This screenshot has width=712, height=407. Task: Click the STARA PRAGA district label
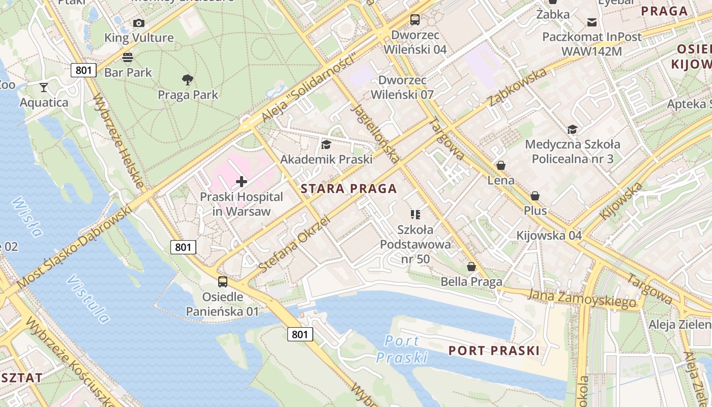pyautogui.click(x=348, y=189)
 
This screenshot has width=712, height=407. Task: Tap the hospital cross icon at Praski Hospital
pyautogui.click(x=242, y=181)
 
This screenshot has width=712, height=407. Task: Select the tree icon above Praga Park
pyautogui.click(x=188, y=79)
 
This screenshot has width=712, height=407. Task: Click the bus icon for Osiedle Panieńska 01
pyautogui.click(x=222, y=281)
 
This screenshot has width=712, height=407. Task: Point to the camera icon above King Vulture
pyautogui.click(x=139, y=23)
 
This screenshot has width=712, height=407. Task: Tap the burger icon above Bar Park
pyautogui.click(x=128, y=57)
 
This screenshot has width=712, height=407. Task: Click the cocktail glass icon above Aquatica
pyautogui.click(x=44, y=88)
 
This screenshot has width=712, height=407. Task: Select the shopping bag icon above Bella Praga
pyautogui.click(x=471, y=267)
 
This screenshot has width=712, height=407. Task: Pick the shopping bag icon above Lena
pyautogui.click(x=501, y=165)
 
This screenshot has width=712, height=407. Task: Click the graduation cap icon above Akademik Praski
pyautogui.click(x=326, y=144)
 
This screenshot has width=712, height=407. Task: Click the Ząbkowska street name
pyautogui.click(x=517, y=87)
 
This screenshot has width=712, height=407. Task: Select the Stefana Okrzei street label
pyautogui.click(x=294, y=244)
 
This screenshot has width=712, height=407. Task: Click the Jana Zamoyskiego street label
pyautogui.click(x=582, y=298)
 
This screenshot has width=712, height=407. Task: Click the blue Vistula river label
pyautogui.click(x=87, y=300)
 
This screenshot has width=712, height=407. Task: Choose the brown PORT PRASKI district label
pyautogui.click(x=494, y=351)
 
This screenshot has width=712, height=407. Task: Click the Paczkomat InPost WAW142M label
pyautogui.click(x=591, y=44)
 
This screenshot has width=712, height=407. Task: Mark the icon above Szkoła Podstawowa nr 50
pyautogui.click(x=416, y=215)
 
